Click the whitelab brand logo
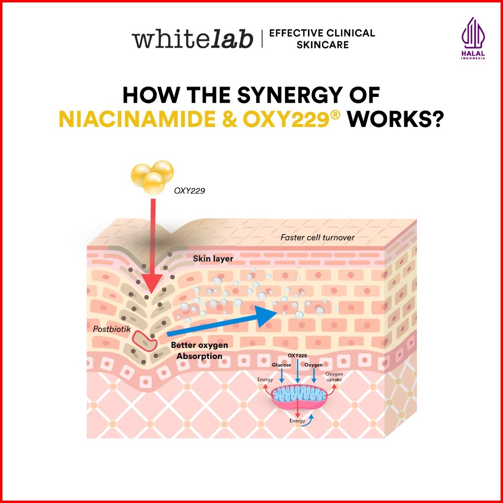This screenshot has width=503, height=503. [193, 39]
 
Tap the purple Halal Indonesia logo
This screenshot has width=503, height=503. [473, 38]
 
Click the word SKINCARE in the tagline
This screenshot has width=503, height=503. [323, 45]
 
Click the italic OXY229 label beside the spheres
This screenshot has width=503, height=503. [189, 191]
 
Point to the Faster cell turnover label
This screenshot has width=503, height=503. [317, 238]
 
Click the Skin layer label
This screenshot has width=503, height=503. [213, 259]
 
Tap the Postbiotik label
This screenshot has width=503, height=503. [111, 329]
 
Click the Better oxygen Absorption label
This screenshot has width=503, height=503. [199, 351]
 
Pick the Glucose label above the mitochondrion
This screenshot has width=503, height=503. [281, 365]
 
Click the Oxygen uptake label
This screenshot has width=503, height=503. [334, 377]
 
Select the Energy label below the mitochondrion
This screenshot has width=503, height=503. [297, 421]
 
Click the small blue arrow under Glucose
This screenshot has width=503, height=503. [282, 376]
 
